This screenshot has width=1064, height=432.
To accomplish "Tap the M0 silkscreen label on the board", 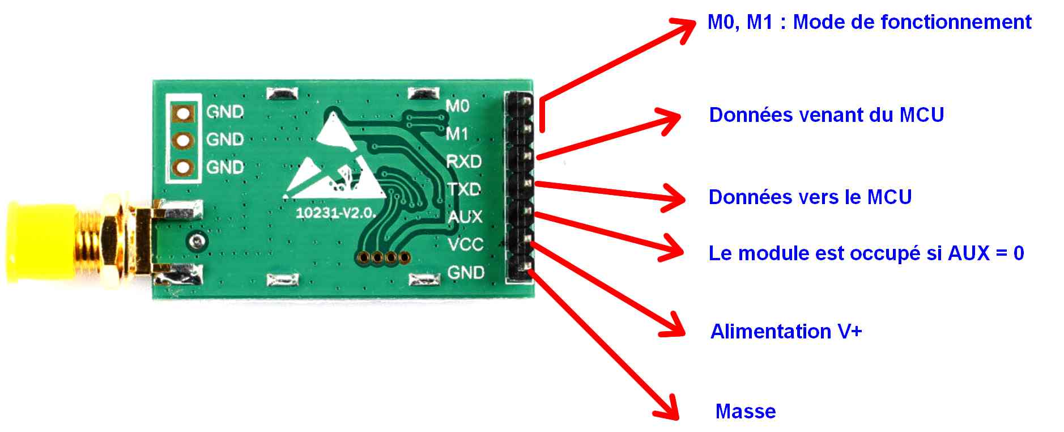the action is click(x=457, y=106).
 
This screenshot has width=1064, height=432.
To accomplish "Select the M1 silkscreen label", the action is click(x=457, y=134).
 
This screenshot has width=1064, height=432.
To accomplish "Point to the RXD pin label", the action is click(x=463, y=162).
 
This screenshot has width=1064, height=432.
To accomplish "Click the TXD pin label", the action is click(x=464, y=189).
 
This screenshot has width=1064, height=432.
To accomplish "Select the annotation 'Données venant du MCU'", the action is click(x=826, y=115).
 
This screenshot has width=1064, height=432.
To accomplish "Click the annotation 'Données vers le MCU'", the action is click(x=810, y=197).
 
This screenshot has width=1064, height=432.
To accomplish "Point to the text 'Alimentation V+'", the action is click(x=786, y=331).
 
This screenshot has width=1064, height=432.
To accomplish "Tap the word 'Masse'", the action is click(x=746, y=411).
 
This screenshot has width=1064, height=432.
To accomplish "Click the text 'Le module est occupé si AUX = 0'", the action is click(x=866, y=253).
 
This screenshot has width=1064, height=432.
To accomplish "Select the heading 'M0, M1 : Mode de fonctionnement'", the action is click(x=869, y=22).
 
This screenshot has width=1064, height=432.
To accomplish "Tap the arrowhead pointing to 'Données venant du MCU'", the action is click(x=669, y=121).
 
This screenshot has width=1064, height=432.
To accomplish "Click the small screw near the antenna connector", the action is click(x=197, y=240).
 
